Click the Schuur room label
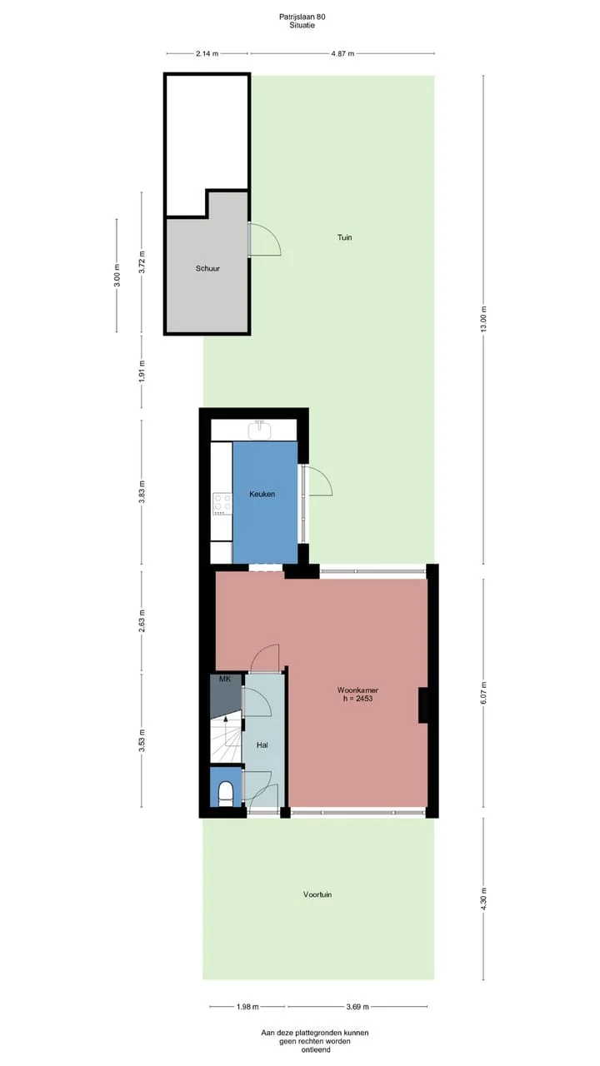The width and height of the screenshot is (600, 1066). [x=207, y=268]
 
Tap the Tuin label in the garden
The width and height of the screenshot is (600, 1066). [x=344, y=237]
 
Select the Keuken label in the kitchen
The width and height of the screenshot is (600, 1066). [x=262, y=494]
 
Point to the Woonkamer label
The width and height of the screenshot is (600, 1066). [x=357, y=690]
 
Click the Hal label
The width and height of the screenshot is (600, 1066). [x=262, y=745]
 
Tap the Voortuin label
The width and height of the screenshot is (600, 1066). [x=317, y=894]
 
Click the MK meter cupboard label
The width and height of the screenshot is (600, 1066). [x=225, y=679]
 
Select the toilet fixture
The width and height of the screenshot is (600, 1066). [x=225, y=794]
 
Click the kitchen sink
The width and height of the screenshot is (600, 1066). [x=259, y=431]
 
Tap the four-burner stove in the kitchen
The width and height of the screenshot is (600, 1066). [x=222, y=504]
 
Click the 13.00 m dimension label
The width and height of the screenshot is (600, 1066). [x=484, y=319]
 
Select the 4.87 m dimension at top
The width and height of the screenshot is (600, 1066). [x=342, y=54]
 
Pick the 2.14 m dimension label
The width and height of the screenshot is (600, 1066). [x=207, y=54]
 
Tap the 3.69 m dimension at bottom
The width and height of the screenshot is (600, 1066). [x=357, y=1007]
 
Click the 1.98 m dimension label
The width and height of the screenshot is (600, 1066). [x=247, y=1007]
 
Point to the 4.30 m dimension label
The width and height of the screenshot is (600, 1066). [x=484, y=899]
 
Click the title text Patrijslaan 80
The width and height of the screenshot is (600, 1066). [x=302, y=17]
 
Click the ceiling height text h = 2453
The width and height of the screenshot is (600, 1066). [x=357, y=699]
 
